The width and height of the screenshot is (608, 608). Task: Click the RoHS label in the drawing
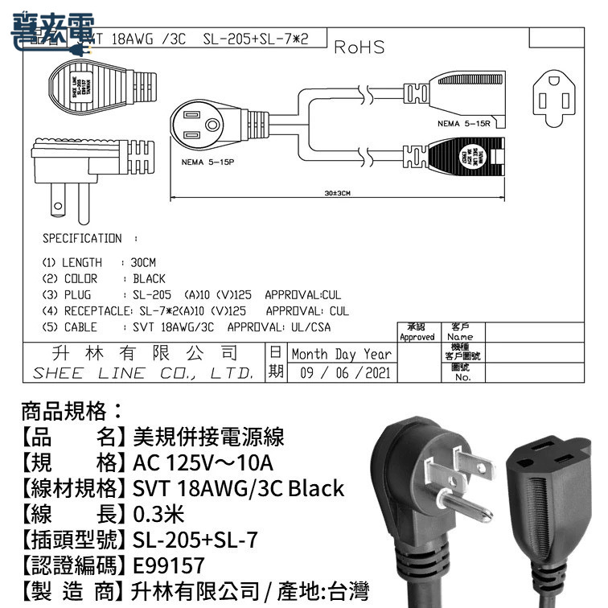tap(359, 47)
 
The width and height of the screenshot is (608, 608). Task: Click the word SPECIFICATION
tap(82, 239)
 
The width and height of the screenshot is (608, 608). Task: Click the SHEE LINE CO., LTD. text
tap(143, 373)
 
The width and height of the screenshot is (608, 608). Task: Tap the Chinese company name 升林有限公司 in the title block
tap(143, 352)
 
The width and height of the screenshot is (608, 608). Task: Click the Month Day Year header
tap(342, 354)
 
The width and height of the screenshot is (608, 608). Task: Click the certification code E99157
tap(170, 564)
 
